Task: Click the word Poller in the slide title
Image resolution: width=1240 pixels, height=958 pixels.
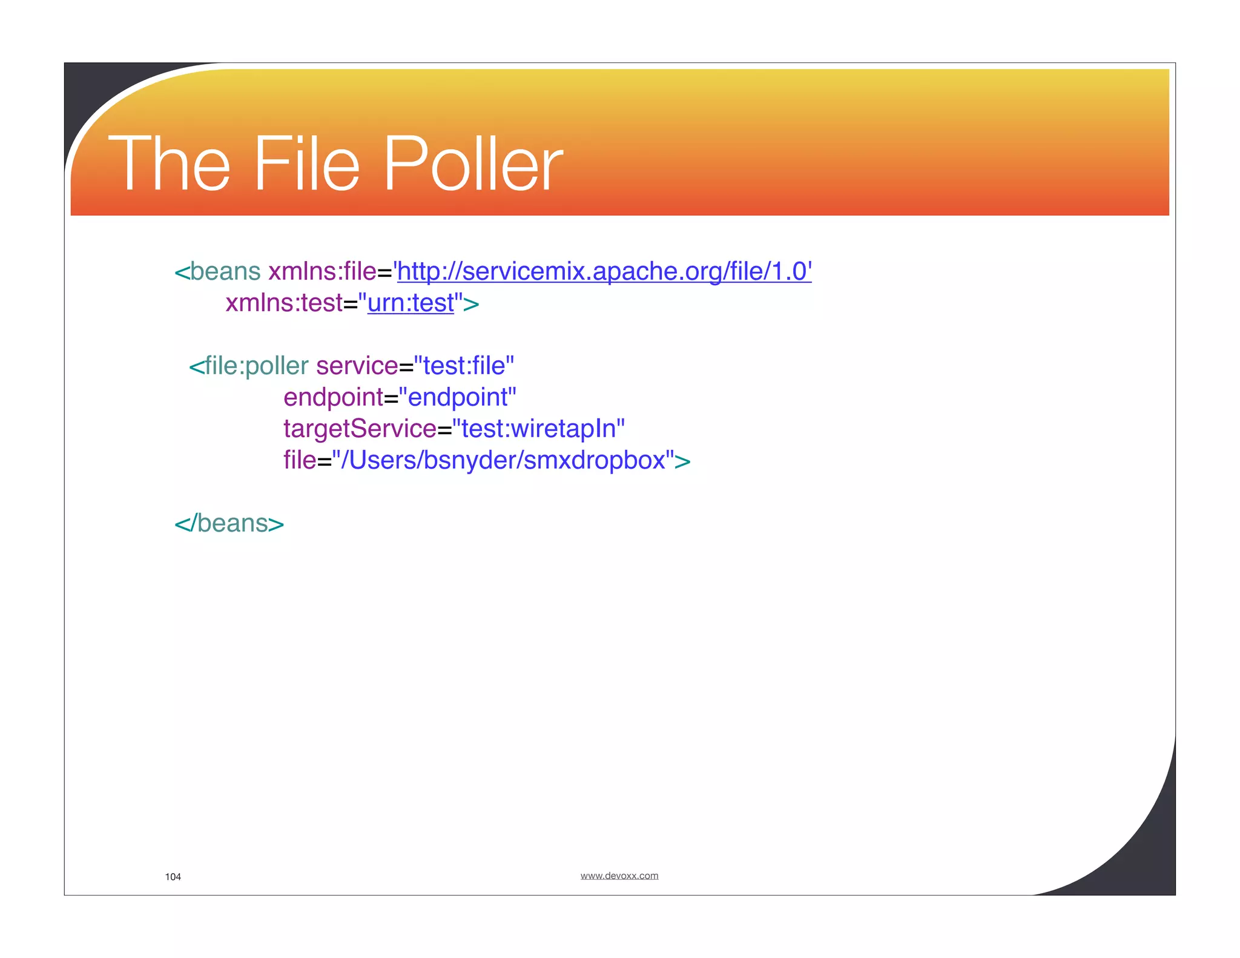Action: tap(473, 164)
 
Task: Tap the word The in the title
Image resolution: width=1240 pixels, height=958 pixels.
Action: tap(169, 164)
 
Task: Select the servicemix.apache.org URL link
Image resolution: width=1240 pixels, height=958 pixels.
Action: tap(604, 271)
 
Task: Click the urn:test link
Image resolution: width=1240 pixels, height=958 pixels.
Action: tap(411, 303)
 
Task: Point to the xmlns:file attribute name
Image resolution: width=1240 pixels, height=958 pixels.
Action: tap(322, 271)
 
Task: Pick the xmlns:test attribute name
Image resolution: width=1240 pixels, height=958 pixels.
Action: tap(284, 303)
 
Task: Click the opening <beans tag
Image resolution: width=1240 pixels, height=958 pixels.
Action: tap(218, 271)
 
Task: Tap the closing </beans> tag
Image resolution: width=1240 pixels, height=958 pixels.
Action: tap(229, 523)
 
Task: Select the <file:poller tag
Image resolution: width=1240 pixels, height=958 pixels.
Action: tap(249, 366)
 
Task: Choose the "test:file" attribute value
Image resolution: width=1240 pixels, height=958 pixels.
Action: tap(464, 366)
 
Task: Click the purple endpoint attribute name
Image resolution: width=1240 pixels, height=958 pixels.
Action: tap(333, 397)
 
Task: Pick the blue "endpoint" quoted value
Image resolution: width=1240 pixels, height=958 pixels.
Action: tap(458, 397)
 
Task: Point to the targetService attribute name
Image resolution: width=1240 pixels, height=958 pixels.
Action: tap(360, 429)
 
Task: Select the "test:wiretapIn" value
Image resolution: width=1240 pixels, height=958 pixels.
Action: tap(539, 429)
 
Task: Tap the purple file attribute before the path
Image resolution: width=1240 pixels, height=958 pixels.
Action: tap(300, 460)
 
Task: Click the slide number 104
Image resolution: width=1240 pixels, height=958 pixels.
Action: tap(173, 877)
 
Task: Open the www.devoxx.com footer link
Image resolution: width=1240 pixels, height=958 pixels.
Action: tap(619, 876)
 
